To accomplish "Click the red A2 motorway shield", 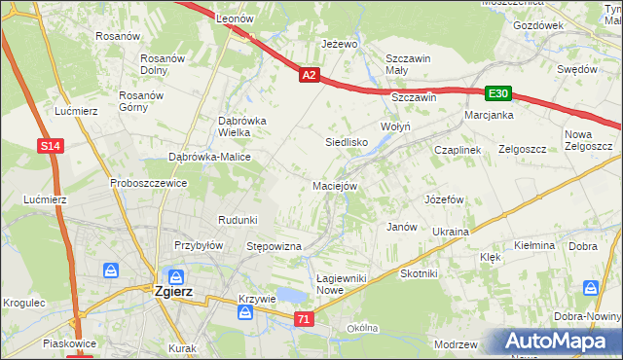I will [309, 74].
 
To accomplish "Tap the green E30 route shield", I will [498, 93].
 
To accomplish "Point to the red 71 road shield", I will [305, 319].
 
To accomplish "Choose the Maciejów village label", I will [336, 185].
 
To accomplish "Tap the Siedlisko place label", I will [346, 141].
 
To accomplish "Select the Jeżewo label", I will [340, 45].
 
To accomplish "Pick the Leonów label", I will [235, 18].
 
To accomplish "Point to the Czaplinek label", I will [458, 150].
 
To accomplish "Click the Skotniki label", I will [419, 274].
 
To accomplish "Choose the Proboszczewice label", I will [148, 183].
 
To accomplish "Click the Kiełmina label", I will [535, 246].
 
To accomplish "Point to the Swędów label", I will [576, 69].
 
